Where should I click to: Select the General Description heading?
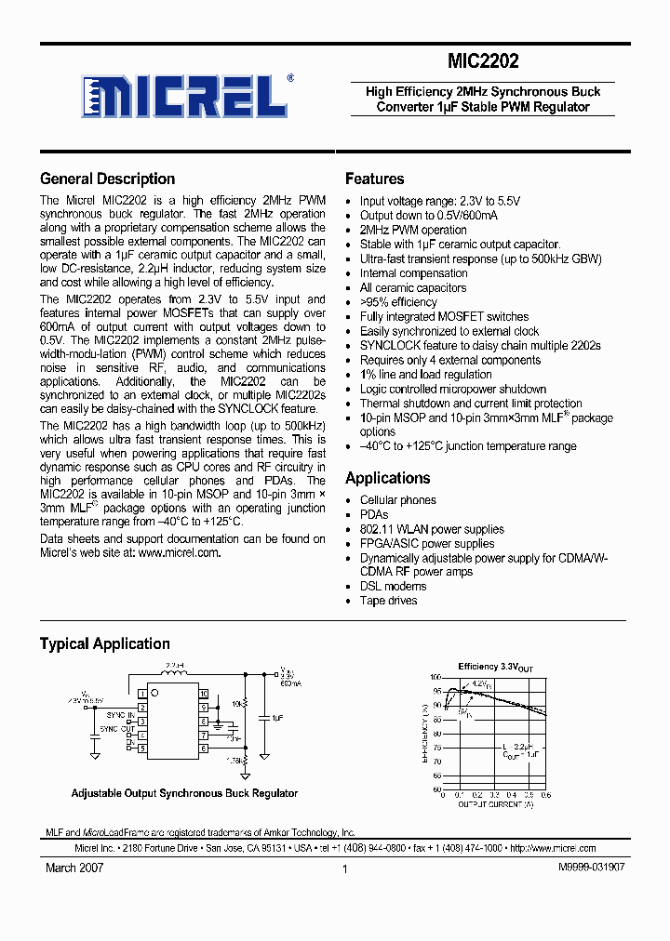point(107,179)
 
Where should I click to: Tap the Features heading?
point(374,179)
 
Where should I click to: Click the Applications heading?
point(387,479)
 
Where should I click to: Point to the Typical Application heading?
point(104,644)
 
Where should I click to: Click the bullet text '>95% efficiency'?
point(398,302)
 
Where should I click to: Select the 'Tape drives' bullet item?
point(388,601)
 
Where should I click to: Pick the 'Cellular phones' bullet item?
point(397,500)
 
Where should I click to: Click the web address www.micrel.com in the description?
point(179,552)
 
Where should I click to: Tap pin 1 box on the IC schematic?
point(142,694)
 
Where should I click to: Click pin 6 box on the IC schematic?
point(203,748)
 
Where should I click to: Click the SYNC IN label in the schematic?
point(118,714)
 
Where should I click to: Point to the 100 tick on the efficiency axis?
point(435,678)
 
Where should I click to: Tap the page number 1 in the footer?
point(344,868)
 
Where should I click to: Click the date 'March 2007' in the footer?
point(74,867)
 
